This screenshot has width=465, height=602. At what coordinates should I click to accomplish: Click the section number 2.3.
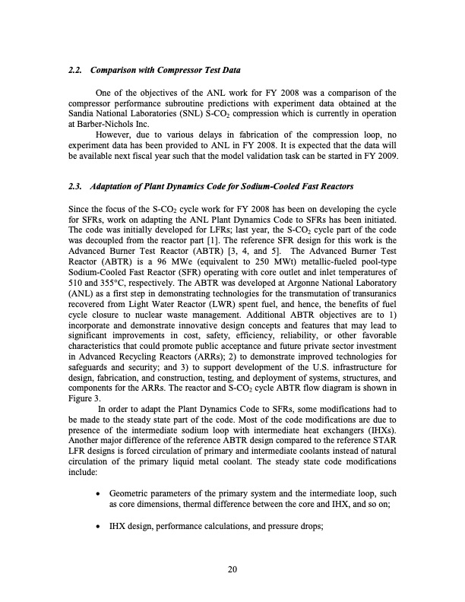pyautogui.click(x=74, y=187)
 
